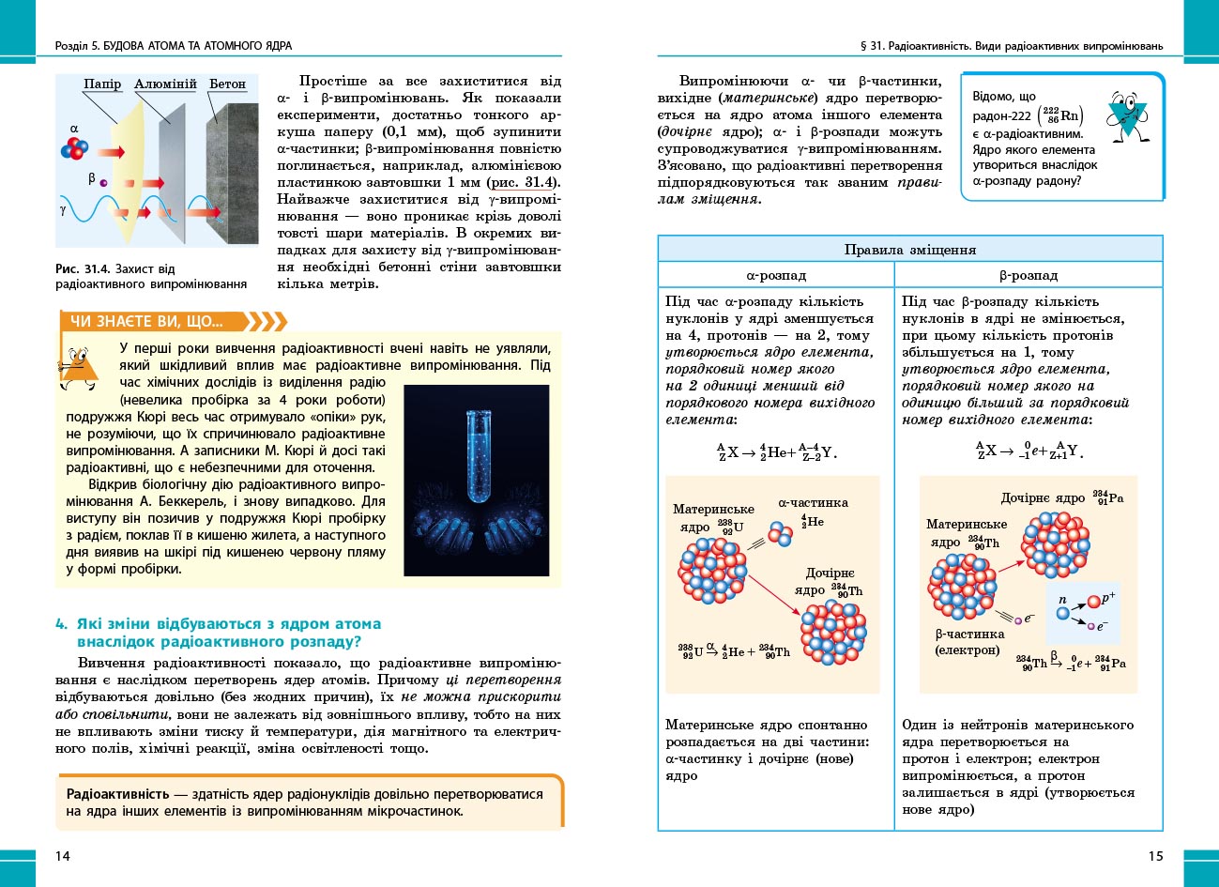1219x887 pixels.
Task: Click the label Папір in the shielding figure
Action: click(102, 84)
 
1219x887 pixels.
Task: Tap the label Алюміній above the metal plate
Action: click(165, 84)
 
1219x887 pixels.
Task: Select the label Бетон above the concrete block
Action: click(227, 84)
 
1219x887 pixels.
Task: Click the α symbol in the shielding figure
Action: click(74, 130)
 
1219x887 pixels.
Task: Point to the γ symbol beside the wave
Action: click(63, 210)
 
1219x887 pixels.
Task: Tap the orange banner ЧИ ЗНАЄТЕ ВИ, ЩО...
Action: click(146, 322)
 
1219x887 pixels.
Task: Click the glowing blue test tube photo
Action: click(476, 480)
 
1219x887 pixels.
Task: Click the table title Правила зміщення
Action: click(910, 250)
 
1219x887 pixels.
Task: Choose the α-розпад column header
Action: click(776, 275)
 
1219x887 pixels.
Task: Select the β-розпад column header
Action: click(1029, 275)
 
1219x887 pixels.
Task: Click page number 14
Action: click(63, 855)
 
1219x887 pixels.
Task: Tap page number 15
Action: click(1155, 855)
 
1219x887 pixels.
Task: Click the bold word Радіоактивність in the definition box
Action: click(118, 794)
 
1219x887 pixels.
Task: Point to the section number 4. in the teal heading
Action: click(61, 624)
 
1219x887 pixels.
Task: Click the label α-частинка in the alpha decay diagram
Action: click(813, 502)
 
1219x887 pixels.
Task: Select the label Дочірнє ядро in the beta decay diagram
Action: click(1043, 498)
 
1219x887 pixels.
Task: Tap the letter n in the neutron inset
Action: click(1062, 599)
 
